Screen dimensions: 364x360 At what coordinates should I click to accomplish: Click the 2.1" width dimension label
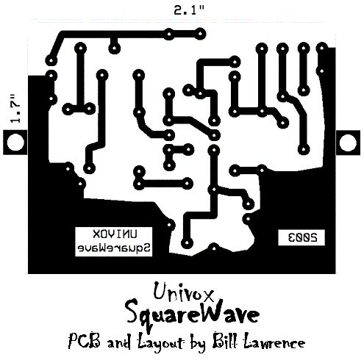click(189, 10)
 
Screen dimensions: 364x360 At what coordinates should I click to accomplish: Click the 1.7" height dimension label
click(15, 108)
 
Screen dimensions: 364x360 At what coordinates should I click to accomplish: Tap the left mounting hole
click(15, 143)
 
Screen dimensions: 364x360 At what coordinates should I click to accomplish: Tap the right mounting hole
click(348, 143)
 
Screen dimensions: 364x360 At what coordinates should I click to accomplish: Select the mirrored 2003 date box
click(301, 237)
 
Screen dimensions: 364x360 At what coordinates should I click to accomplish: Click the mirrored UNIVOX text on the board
click(115, 234)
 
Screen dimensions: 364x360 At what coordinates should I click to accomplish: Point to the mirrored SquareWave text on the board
click(114, 248)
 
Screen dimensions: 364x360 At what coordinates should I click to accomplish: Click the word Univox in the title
click(183, 292)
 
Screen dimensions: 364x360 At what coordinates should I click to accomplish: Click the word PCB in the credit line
click(85, 341)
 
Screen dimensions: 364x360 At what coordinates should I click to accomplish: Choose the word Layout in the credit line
click(160, 342)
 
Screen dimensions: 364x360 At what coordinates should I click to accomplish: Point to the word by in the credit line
click(198, 342)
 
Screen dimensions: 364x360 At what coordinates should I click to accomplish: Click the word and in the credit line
click(119, 342)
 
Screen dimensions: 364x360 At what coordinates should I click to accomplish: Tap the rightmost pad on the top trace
click(200, 34)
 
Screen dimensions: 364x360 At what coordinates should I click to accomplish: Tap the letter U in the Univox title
click(161, 291)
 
